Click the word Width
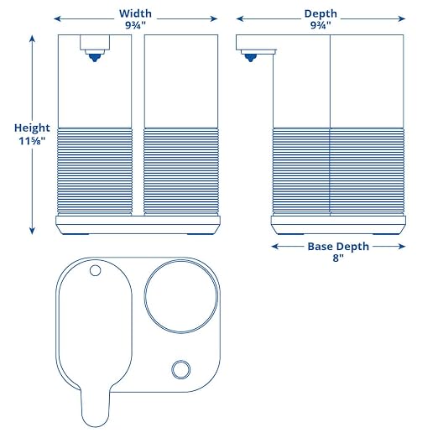[135, 13]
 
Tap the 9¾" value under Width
[135, 25]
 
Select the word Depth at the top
[321, 14]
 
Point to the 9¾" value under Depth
[321, 25]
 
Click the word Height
[32, 128]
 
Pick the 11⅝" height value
[32, 141]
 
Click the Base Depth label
[338, 247]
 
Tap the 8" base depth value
[338, 258]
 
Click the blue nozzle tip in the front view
[95, 58]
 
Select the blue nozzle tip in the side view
[250, 58]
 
